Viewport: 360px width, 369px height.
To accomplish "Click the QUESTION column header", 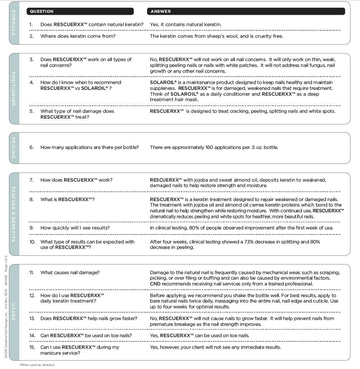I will point(42,11).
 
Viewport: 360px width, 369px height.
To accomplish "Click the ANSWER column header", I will point(160,11).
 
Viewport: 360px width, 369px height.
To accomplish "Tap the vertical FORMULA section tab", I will point(14,23).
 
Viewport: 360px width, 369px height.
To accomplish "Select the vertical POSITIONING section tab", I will point(14,89).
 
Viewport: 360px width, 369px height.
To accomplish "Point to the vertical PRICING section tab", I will point(14,148).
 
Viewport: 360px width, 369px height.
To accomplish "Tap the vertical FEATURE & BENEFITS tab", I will point(14,214).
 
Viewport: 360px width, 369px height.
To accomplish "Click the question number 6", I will point(31,148).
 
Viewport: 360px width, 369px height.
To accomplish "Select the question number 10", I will point(32,242).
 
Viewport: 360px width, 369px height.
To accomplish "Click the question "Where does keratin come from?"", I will point(78,36).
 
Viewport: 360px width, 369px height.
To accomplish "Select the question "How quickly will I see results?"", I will point(75,228).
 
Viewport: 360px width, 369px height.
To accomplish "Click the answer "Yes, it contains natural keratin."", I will point(186,24).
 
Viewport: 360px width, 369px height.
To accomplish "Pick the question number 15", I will point(32,347).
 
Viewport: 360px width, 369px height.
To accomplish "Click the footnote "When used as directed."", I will point(37,365).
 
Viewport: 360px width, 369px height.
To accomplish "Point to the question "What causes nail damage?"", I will point(70,273).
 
